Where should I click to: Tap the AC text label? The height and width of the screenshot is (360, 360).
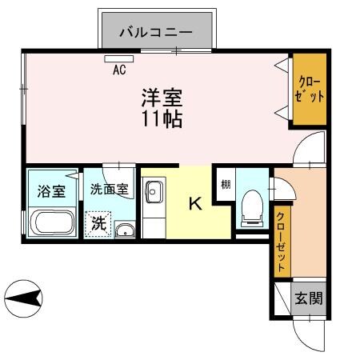coord(119,70)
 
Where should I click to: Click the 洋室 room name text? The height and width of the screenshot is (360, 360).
coord(162,98)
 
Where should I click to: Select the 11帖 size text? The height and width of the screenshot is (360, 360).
coord(162,120)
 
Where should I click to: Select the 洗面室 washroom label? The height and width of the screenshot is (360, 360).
coord(109,190)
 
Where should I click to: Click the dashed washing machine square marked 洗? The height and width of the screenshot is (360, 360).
coord(98,223)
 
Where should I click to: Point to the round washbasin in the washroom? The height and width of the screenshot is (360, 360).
coord(123,231)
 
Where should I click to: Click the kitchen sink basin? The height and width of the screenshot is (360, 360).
coord(153,193)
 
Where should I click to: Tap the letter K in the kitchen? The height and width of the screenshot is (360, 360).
coord(195,204)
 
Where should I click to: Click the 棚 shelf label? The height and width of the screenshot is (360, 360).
coord(226,183)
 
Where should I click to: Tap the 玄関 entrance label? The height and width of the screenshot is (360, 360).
coord(309,300)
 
